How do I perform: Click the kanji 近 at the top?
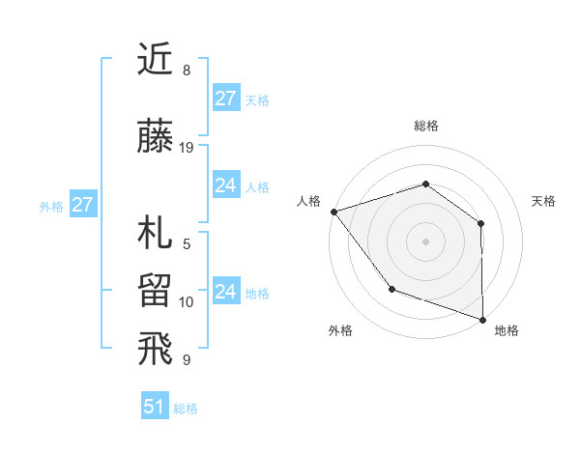pyautogui.click(x=157, y=61)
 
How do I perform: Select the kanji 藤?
pyautogui.click(x=157, y=138)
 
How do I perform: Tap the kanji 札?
pyautogui.click(x=157, y=235)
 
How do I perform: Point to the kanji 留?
pyautogui.click(x=157, y=291)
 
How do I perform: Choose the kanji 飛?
pyautogui.click(x=157, y=349)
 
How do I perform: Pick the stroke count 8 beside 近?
pyautogui.click(x=187, y=71)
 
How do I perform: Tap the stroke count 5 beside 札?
pyautogui.click(x=187, y=244)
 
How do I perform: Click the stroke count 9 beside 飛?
pyautogui.click(x=187, y=360)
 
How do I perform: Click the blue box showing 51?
pyautogui.click(x=154, y=407)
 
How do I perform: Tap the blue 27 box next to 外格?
pyautogui.click(x=82, y=205)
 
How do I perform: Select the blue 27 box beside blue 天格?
pyautogui.click(x=225, y=99)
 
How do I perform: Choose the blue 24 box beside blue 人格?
pyautogui.click(x=225, y=185)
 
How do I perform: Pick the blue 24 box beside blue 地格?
pyautogui.click(x=225, y=292)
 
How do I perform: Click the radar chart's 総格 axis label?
pyautogui.click(x=426, y=126)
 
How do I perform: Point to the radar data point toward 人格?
pyautogui.click(x=333, y=211)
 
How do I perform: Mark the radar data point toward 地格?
pyautogui.click(x=482, y=319)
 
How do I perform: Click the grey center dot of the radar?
pyautogui.click(x=425, y=241)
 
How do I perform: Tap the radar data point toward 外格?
pyautogui.click(x=391, y=288)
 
